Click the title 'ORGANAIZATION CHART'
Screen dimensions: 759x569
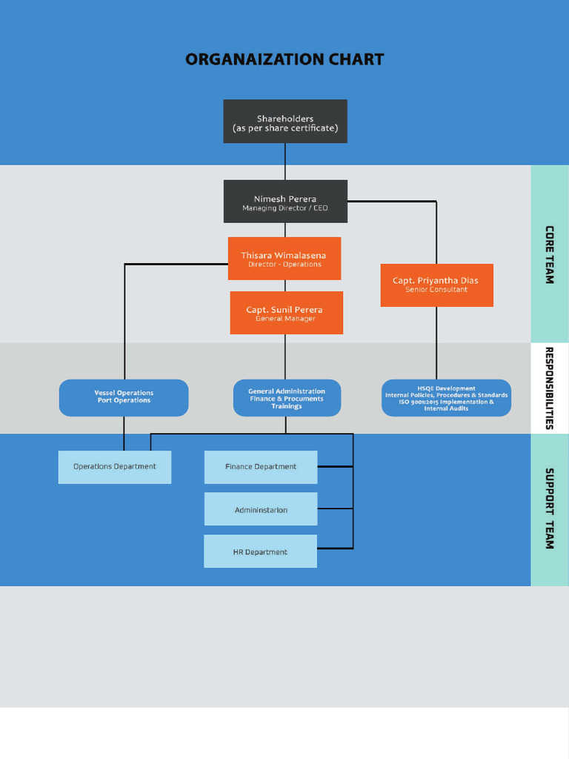click(284, 59)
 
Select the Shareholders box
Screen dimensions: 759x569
click(284, 122)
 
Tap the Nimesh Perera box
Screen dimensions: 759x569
click(284, 201)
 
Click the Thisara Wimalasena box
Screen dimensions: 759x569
click(284, 258)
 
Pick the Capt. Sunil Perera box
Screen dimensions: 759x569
click(286, 313)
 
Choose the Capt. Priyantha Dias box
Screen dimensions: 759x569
click(436, 285)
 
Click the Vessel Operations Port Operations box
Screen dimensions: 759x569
click(124, 397)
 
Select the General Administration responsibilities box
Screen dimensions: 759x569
click(287, 398)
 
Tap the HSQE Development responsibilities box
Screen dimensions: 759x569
click(446, 398)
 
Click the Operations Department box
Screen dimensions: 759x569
click(115, 467)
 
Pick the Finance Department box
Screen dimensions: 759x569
click(261, 467)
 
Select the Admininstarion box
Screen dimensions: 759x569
click(261, 510)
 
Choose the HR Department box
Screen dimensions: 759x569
click(261, 552)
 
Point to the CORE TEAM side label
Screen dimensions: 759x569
click(550, 254)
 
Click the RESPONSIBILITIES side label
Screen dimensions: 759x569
click(550, 388)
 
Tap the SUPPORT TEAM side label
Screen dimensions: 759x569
click(550, 508)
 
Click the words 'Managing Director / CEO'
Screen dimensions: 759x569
click(284, 208)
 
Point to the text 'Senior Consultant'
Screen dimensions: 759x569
click(436, 290)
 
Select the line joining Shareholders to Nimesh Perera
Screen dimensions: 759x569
click(285, 161)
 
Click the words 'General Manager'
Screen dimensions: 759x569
click(285, 319)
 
